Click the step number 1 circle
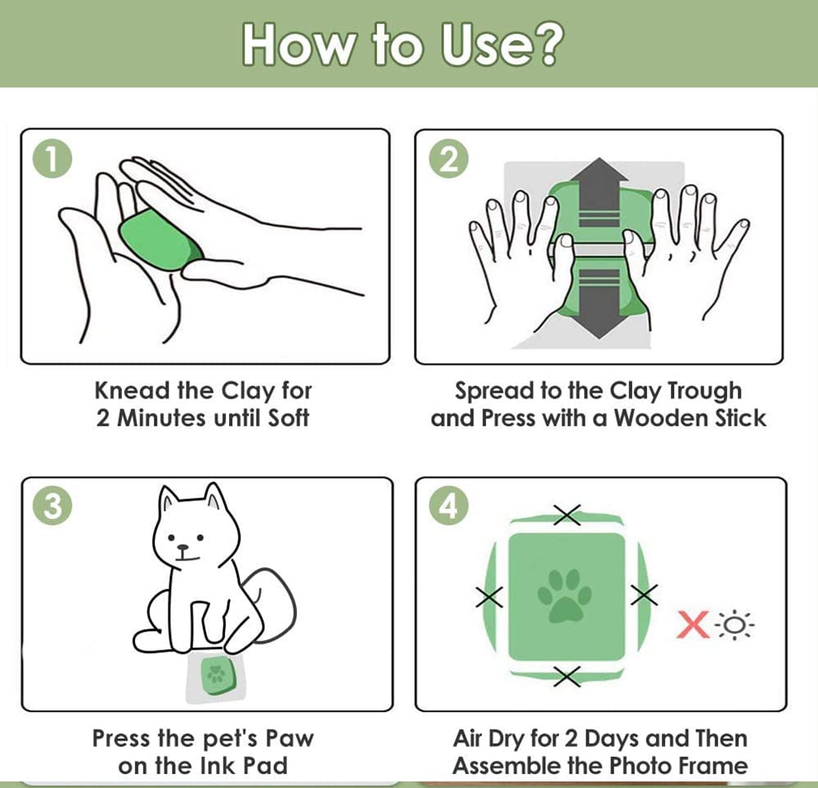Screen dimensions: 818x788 52,159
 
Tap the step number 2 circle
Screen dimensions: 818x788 448,159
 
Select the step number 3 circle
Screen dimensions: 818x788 52,506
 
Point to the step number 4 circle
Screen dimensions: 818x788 448,506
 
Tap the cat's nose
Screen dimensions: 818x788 182,548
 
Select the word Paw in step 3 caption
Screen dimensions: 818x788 290,738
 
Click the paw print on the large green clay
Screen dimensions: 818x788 564,596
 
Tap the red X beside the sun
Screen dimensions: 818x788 694,624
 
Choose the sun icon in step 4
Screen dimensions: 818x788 735,624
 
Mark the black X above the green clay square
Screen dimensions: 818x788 567,515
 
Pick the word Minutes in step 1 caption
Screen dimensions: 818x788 161,418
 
